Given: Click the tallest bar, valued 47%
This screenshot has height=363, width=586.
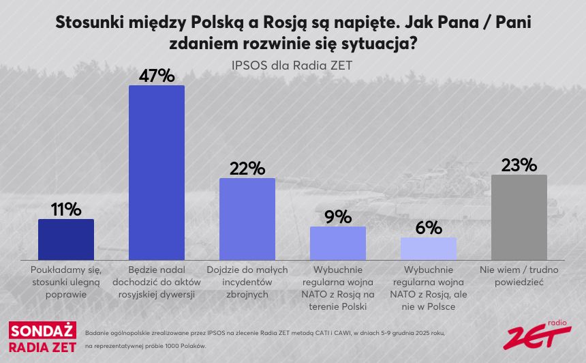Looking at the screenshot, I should (157, 171).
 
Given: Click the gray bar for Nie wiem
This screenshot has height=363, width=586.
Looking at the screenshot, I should (519, 215).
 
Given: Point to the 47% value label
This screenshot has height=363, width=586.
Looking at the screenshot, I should (157, 75).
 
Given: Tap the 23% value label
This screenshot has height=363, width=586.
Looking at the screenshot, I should (519, 165).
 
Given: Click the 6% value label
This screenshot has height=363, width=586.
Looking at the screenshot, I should (429, 228).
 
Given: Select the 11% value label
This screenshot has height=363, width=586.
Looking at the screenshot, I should (66, 209).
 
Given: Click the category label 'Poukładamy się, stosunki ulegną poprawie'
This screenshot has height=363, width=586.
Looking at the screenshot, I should (66, 282).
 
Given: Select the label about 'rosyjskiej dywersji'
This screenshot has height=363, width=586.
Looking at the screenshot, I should (157, 282).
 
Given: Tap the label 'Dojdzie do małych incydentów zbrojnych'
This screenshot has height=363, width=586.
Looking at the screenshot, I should (247, 282).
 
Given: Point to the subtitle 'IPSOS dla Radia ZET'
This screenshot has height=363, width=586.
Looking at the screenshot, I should (292, 66).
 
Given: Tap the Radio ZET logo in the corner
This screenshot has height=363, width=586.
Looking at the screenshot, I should (538, 334).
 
